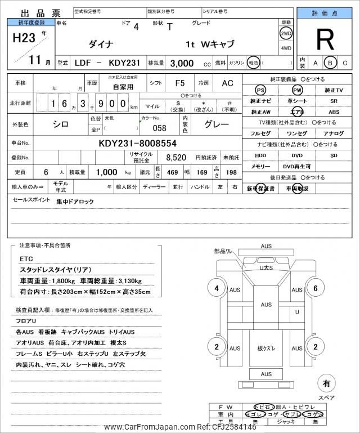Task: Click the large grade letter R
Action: point(325,41)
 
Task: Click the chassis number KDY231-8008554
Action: point(137,143)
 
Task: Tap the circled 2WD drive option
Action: point(286,33)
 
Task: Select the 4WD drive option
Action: point(286,48)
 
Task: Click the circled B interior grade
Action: point(331,62)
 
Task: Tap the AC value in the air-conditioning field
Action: point(227,83)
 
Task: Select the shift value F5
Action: point(180,83)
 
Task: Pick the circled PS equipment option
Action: point(260,90)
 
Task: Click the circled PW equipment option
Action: point(296,90)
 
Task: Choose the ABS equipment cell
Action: point(334,111)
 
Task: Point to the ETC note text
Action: point(26,258)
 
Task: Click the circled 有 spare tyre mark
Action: point(326,383)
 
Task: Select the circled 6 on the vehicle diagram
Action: point(316,289)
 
